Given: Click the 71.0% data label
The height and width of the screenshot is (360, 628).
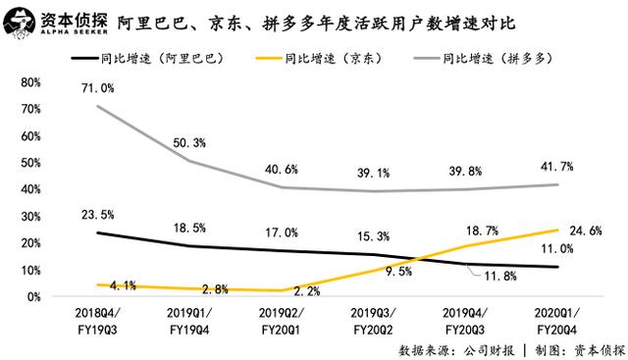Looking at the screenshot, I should click(x=99, y=88).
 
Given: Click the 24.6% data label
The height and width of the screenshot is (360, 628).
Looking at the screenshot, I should click(x=585, y=231).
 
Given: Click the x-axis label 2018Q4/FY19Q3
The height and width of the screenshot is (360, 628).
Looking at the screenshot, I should click(x=97, y=320).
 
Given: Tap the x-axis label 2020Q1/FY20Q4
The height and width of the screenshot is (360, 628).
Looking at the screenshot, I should click(x=555, y=320).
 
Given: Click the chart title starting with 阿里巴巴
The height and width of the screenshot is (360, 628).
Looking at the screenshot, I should click(x=313, y=21).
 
